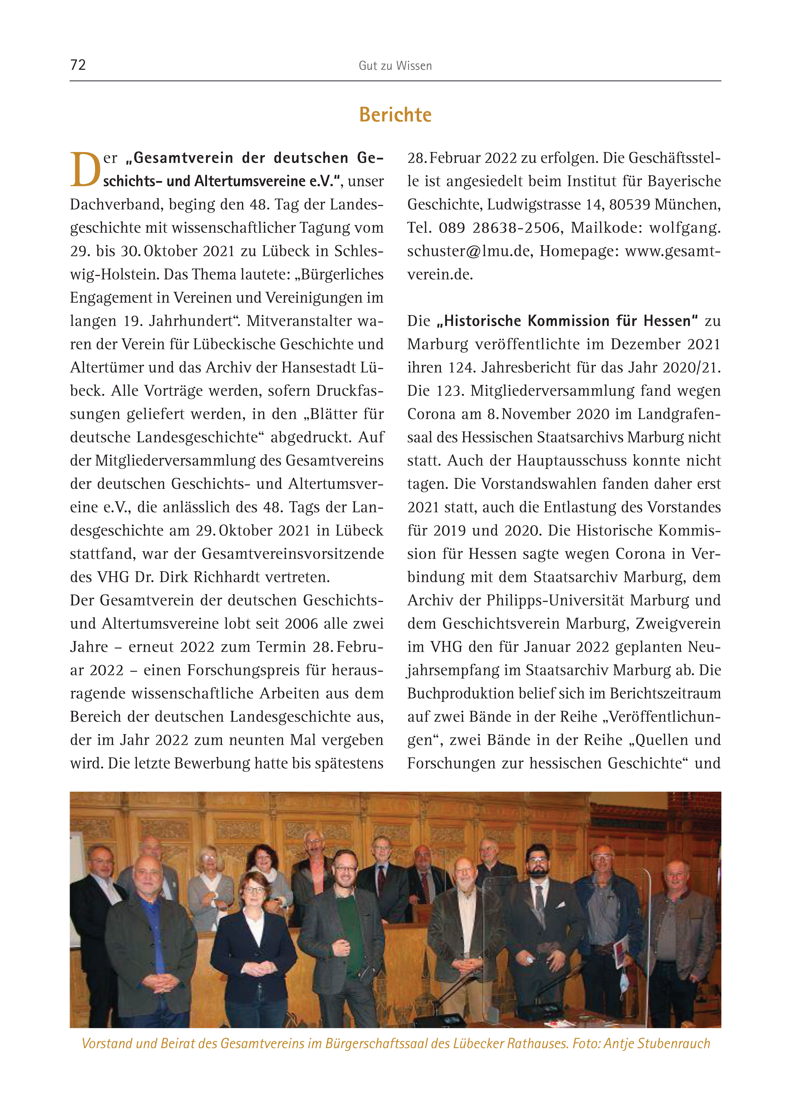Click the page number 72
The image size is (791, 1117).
pos(78,65)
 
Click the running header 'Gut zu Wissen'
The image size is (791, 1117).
pos(395,66)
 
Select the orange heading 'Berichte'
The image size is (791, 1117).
pos(395,115)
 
